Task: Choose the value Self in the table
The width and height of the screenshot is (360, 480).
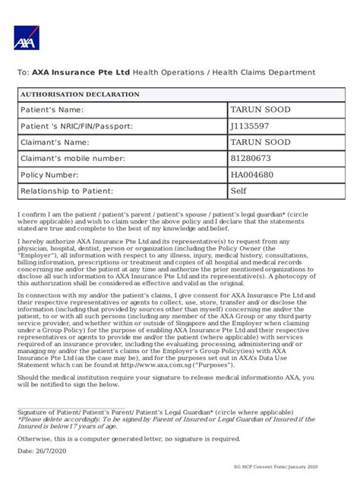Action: (x=239, y=191)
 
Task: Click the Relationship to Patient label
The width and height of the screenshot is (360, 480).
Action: (x=66, y=191)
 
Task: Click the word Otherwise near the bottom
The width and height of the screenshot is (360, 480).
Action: (x=39, y=438)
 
